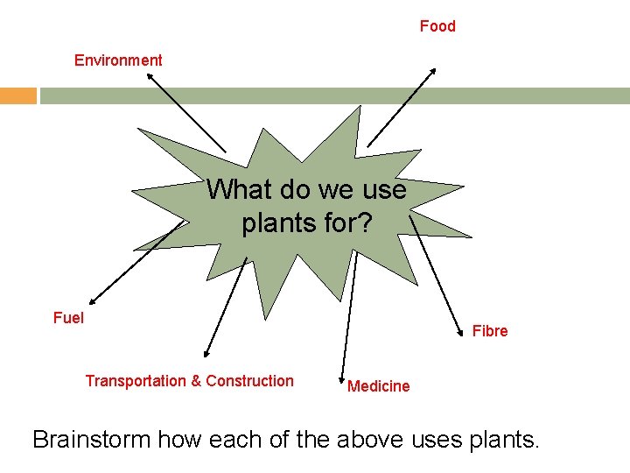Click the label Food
(x=437, y=26)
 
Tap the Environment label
(x=118, y=60)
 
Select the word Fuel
(x=68, y=318)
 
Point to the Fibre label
(x=490, y=331)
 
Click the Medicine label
(x=378, y=386)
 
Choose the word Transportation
(x=136, y=381)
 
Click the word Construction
(x=249, y=381)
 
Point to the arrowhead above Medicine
(x=342, y=372)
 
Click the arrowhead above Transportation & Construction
(x=206, y=354)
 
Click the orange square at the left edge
(x=17, y=95)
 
